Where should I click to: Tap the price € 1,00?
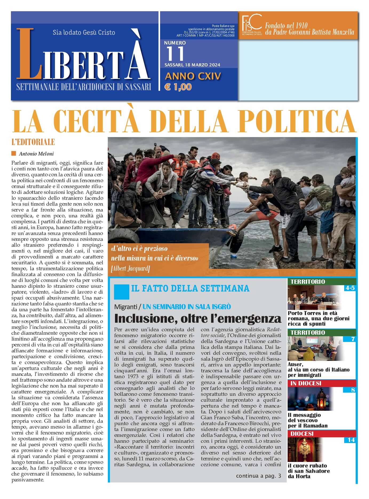click(x=178, y=87)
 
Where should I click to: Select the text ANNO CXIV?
click(x=193, y=76)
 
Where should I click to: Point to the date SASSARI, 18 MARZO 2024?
click(x=192, y=65)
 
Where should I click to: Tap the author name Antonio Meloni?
click(x=36, y=154)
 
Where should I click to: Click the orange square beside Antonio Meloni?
click(x=14, y=153)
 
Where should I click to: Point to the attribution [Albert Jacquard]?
click(x=130, y=268)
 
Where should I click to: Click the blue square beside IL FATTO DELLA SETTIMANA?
click(x=121, y=292)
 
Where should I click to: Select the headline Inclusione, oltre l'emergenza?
click(x=197, y=318)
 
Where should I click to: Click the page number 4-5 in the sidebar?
click(x=350, y=288)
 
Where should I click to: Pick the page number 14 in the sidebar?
click(x=351, y=440)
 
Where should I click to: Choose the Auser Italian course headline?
click(x=318, y=370)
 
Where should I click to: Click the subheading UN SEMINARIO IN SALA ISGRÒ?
click(x=187, y=307)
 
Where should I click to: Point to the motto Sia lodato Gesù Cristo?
click(x=84, y=33)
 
